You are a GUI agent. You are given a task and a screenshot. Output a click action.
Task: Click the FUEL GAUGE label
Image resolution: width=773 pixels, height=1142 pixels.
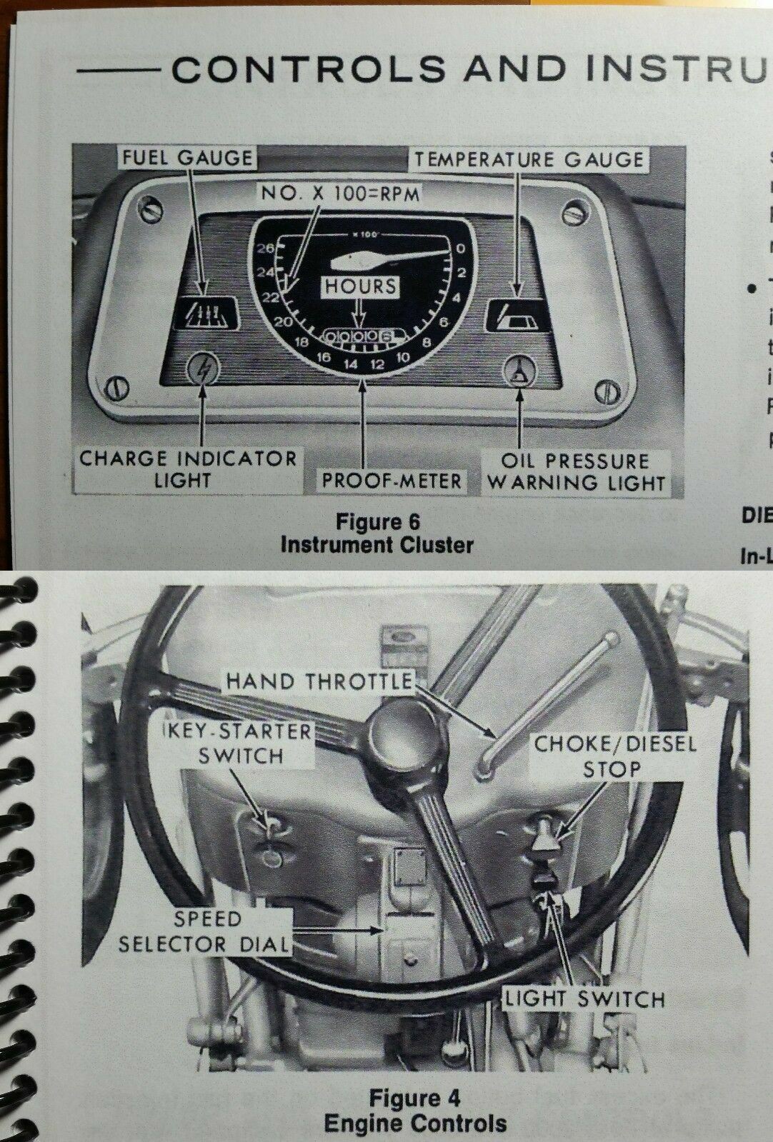coord(187,158)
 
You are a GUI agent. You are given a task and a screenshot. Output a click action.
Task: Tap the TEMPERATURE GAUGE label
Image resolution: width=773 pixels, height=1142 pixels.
coord(529,159)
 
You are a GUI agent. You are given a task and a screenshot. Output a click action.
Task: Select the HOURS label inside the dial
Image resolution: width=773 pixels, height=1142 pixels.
coord(361,286)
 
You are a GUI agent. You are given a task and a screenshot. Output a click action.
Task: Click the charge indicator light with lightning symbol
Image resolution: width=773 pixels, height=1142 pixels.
coord(203,372)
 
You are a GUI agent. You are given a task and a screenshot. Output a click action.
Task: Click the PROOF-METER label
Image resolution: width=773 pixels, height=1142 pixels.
coord(391,480)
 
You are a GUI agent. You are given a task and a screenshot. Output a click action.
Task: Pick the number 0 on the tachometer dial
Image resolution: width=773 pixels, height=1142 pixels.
coord(462,249)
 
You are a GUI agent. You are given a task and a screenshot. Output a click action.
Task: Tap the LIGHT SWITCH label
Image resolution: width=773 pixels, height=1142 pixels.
coord(585,998)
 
